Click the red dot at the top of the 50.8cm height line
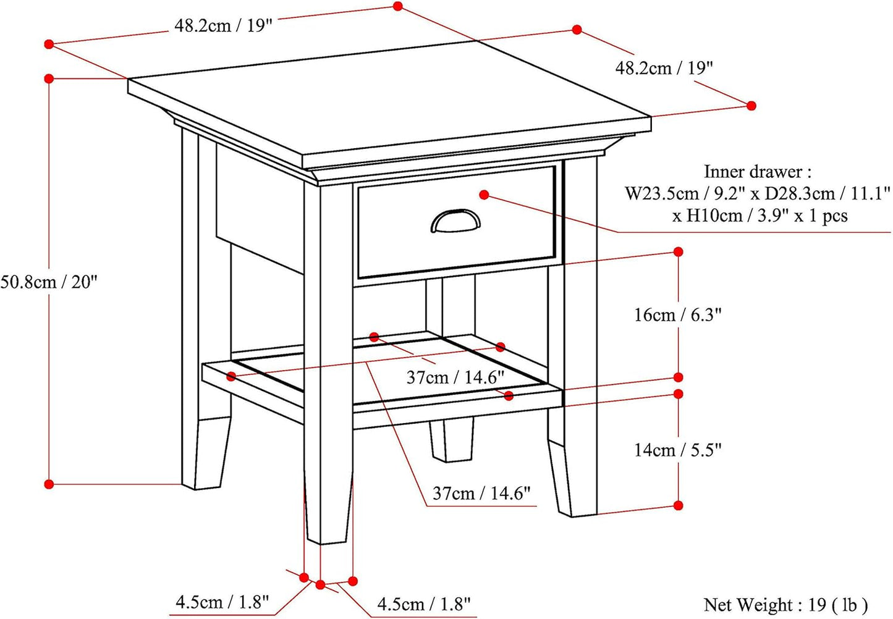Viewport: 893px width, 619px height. pos(49,78)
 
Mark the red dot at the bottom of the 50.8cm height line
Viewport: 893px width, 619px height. pos(49,484)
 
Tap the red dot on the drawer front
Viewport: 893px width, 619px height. pos(484,195)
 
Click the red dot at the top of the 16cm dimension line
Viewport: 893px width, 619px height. pos(678,252)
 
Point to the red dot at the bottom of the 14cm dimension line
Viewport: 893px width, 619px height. pos(678,505)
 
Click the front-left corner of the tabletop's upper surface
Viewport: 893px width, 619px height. pos(302,156)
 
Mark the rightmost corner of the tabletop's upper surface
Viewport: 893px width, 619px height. pos(651,117)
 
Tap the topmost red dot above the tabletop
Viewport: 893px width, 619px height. pos(397,6)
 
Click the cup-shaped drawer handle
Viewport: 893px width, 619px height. pos(455,221)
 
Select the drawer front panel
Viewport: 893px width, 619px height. pos(457,222)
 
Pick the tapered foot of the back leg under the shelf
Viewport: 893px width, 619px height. pos(452,440)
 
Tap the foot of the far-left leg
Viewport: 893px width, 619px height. pos(206,453)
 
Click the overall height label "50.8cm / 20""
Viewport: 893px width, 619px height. pos(49,282)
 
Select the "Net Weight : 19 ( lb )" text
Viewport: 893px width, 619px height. pos(785,605)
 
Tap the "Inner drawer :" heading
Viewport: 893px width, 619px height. pos(758,172)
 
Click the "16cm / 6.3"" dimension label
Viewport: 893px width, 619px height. pos(678,315)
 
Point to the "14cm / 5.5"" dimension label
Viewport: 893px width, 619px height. pos(678,450)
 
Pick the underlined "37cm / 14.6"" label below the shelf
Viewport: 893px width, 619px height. pos(481,494)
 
